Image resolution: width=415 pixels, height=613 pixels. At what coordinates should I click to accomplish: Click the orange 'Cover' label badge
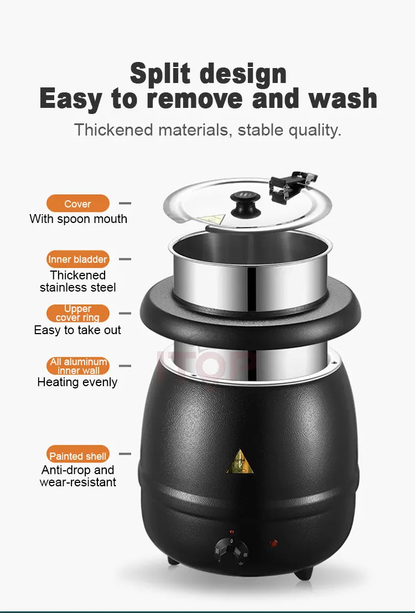[78, 204]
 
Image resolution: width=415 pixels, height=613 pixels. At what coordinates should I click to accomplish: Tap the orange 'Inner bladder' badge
[78, 259]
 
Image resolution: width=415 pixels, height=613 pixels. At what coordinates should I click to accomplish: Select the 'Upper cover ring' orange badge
[78, 313]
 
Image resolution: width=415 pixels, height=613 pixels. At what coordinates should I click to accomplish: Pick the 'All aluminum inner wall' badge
[78, 366]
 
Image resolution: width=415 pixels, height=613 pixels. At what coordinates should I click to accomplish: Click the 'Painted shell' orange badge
[78, 455]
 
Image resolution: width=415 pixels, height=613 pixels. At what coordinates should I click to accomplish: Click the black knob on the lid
[245, 204]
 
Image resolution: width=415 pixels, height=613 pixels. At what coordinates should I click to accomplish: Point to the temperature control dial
[231, 551]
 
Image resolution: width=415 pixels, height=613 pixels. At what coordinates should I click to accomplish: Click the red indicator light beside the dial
[274, 543]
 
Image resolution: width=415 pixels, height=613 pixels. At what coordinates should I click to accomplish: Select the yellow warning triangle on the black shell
[240, 462]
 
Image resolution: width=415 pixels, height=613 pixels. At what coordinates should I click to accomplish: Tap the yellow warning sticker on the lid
[212, 219]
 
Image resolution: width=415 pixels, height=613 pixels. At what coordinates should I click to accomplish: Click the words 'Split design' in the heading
[208, 74]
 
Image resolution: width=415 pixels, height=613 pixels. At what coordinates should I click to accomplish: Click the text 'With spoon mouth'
[78, 219]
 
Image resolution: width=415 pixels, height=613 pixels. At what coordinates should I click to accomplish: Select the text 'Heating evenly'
[77, 382]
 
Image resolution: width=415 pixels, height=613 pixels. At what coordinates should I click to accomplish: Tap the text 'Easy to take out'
[77, 330]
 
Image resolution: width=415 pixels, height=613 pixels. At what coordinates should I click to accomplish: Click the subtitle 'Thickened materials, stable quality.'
[207, 130]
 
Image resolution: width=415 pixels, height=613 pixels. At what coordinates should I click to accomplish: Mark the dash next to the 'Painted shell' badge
[124, 454]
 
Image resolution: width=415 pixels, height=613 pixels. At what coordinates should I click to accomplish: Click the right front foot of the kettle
[304, 573]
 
